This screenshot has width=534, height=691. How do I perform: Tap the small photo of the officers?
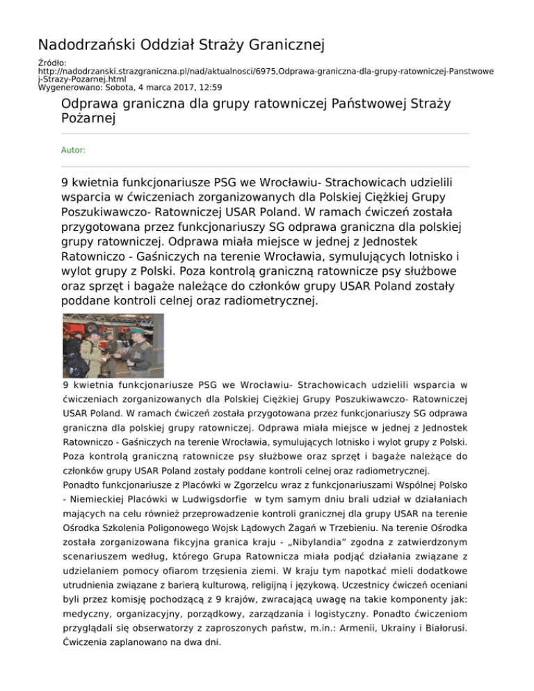[x=113, y=345]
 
